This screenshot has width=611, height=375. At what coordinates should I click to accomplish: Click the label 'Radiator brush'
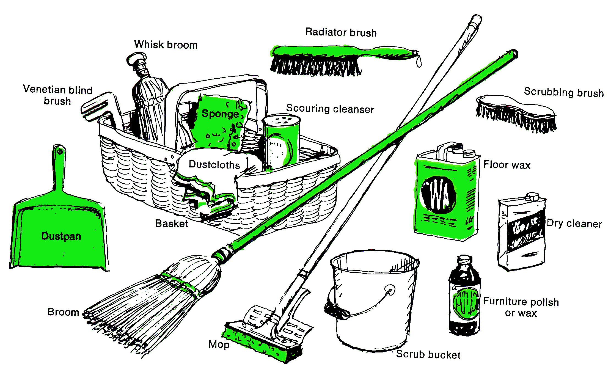[341, 32]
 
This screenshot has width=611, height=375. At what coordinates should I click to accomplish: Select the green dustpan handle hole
[60, 151]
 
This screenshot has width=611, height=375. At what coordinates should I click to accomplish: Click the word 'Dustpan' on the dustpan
[61, 236]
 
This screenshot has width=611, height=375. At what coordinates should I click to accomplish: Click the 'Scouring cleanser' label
[330, 109]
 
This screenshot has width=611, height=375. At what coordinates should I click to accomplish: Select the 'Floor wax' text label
[507, 165]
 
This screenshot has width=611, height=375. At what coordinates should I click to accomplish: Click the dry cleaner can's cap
[532, 197]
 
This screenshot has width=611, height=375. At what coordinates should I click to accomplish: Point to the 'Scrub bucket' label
[428, 355]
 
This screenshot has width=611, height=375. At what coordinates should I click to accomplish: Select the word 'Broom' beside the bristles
[63, 312]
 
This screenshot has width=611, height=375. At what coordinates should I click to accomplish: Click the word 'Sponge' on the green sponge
[220, 114]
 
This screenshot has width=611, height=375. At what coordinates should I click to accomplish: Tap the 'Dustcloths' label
[214, 165]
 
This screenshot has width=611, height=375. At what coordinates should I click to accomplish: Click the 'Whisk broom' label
[166, 45]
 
